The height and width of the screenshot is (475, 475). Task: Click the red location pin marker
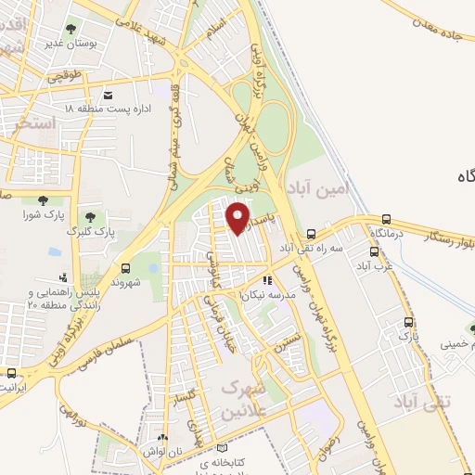coord(239,216)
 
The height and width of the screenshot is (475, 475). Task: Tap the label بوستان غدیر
coord(69,44)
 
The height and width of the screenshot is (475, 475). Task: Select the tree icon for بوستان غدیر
coord(71,30)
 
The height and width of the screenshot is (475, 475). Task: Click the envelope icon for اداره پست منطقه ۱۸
coord(109,96)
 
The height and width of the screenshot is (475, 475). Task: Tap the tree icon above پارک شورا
coord(42,199)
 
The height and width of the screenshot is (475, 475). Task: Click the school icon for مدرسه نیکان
coord(267,280)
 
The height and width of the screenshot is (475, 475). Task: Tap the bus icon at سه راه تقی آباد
coord(313,235)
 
